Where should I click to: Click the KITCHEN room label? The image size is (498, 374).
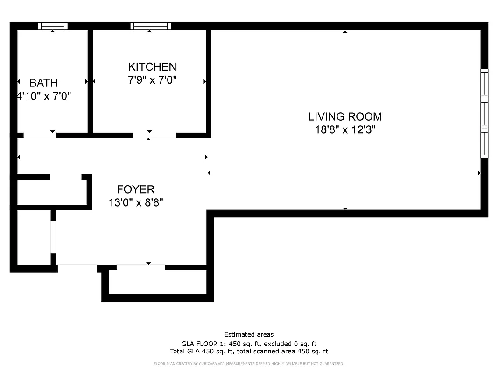pyautogui.click(x=152, y=67)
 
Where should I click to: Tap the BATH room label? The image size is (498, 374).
pyautogui.click(x=43, y=83)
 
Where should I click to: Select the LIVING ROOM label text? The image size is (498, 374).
pyautogui.click(x=345, y=116)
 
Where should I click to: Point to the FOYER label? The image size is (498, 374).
pyautogui.click(x=135, y=189)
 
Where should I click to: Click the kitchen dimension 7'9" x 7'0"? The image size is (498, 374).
pyautogui.click(x=152, y=80)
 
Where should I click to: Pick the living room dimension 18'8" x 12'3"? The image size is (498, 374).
pyautogui.click(x=345, y=130)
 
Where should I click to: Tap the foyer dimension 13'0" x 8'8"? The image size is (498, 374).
pyautogui.click(x=135, y=203)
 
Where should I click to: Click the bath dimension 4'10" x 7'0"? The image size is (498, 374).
pyautogui.click(x=43, y=97)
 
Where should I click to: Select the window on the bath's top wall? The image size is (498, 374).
pyautogui.click(x=52, y=26)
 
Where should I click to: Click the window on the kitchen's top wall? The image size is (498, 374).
pyautogui.click(x=150, y=26)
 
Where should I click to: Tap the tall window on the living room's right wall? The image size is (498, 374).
pyautogui.click(x=484, y=114)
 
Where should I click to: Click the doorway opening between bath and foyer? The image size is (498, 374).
pyautogui.click(x=40, y=136)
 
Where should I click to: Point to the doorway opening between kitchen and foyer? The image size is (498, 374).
pyautogui.click(x=154, y=136)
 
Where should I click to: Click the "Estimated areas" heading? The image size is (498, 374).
pyautogui.click(x=249, y=334)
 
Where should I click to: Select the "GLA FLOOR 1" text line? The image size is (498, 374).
pyautogui.click(x=249, y=343)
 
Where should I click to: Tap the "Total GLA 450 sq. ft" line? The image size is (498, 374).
pyautogui.click(x=249, y=351)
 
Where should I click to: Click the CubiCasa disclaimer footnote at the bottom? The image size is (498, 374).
pyautogui.click(x=249, y=363)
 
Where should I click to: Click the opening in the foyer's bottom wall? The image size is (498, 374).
pyautogui.click(x=140, y=267)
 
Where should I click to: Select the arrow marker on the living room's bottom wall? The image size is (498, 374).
pyautogui.click(x=345, y=209)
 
